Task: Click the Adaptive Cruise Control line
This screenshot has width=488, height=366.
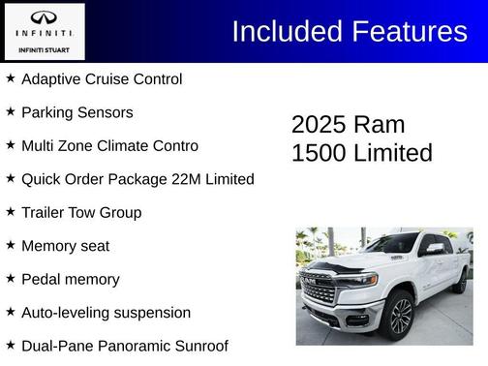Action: point(102,78)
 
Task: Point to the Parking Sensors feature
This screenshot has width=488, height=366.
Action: point(77,112)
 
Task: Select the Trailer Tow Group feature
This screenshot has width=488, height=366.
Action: point(81,212)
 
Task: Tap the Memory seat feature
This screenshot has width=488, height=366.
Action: point(65,246)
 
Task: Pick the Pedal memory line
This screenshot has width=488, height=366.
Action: point(71,279)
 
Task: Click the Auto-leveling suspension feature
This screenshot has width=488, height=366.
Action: point(106,313)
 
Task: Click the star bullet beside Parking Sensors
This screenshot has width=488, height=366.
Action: point(11,111)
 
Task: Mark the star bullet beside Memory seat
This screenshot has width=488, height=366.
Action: point(11,245)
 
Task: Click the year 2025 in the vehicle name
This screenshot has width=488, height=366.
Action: point(318,125)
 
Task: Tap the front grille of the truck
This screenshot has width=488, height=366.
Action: point(319,289)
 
